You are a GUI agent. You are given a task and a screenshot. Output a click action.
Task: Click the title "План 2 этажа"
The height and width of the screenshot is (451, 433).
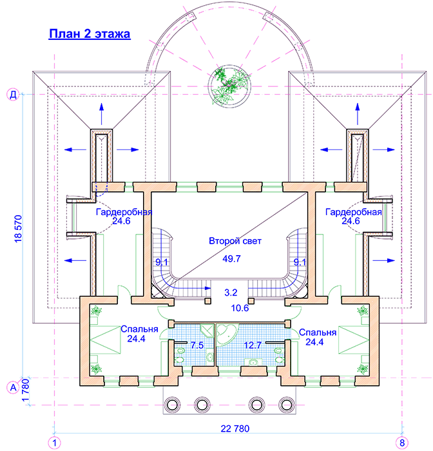[90, 34]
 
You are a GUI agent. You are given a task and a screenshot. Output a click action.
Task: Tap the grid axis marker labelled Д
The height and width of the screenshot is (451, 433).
[13, 94]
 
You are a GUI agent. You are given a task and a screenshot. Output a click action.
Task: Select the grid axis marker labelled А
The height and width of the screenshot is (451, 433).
[13, 387]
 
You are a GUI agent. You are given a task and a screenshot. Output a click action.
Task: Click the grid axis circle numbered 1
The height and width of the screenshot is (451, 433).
[54, 443]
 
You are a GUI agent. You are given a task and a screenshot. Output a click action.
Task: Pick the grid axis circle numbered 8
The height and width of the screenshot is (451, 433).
[402, 443]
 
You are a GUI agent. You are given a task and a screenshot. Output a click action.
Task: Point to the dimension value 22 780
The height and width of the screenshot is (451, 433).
[235, 429]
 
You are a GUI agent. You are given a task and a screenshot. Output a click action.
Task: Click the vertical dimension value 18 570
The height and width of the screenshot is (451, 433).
[18, 229]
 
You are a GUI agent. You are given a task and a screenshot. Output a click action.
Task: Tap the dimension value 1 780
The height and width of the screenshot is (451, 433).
[26, 390]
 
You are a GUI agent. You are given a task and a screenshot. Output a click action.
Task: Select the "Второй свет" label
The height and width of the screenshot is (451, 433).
[235, 241]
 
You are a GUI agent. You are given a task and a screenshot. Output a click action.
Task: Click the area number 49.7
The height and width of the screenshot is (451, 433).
[231, 258]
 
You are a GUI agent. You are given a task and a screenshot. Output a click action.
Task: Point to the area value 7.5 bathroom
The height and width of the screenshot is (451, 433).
[197, 345]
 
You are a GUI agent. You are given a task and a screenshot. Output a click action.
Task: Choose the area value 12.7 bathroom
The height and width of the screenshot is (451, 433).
[253, 345]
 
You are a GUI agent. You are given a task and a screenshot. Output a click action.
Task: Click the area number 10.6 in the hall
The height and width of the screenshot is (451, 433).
[240, 308]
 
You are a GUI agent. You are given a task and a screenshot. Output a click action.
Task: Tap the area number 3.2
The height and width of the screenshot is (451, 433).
[231, 293]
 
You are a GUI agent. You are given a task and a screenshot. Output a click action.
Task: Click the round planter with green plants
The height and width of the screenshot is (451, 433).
[229, 86]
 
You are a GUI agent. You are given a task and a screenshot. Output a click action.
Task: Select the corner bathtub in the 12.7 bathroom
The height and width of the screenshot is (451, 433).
[227, 334]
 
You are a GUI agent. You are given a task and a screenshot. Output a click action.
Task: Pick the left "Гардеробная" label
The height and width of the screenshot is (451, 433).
[124, 212]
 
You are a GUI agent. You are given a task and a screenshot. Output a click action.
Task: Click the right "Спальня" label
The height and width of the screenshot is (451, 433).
[318, 332]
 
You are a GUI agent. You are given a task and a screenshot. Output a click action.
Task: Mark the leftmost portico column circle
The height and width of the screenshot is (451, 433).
[172, 405]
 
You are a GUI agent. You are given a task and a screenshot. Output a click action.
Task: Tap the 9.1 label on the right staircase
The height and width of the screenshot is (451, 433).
[300, 262]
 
